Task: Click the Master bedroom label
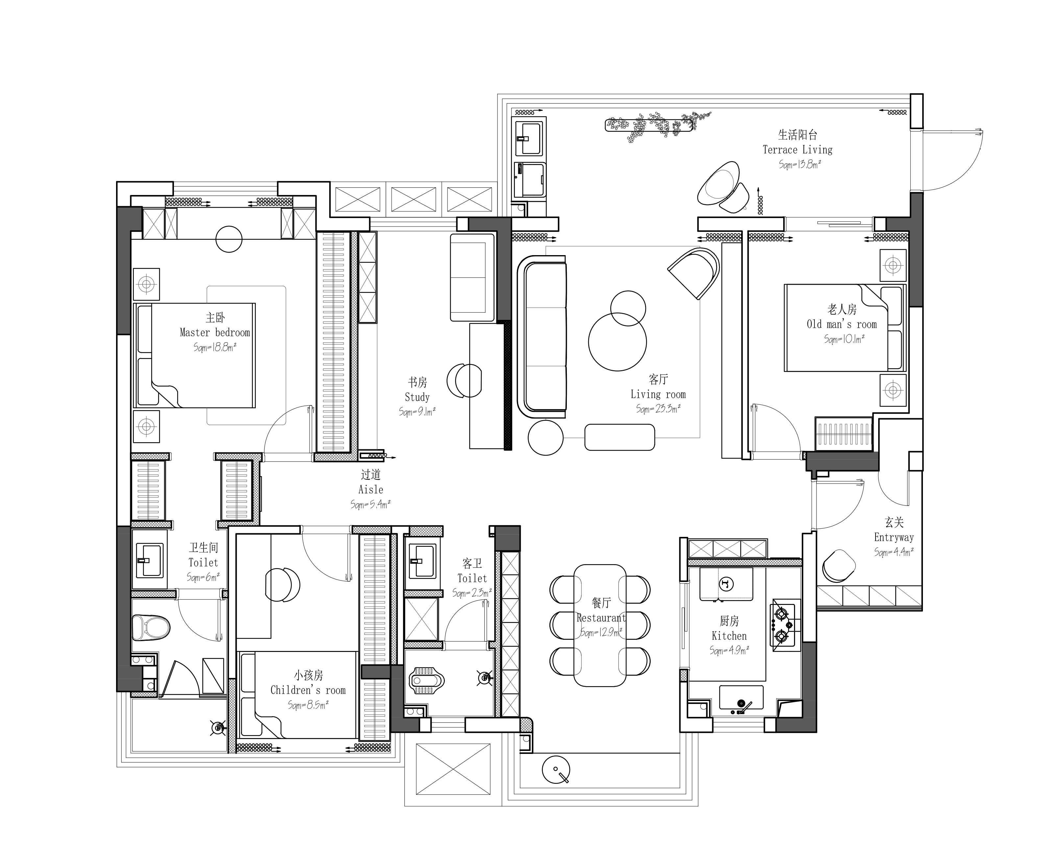click(x=215, y=333)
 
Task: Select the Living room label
click(x=658, y=395)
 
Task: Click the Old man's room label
click(x=842, y=324)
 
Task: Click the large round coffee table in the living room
click(x=617, y=342)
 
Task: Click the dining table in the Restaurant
click(x=600, y=626)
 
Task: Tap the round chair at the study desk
click(x=464, y=381)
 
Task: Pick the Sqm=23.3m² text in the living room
click(x=658, y=409)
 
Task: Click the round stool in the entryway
click(x=838, y=566)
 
